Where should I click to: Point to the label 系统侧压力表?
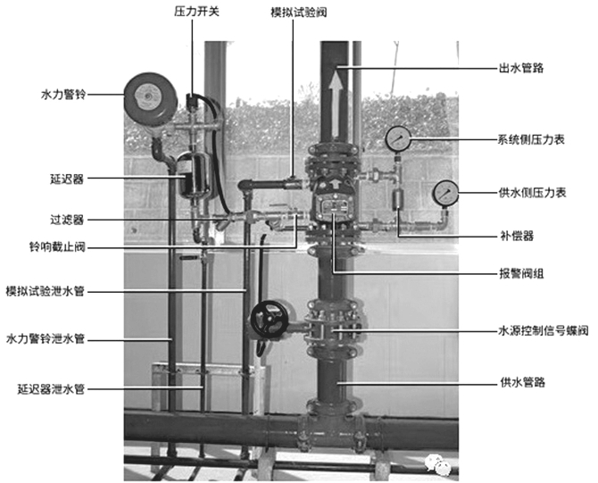[x=533, y=139]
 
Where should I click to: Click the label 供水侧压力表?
[x=533, y=192]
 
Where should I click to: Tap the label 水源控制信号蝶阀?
[x=543, y=330]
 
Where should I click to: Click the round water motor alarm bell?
[x=149, y=95]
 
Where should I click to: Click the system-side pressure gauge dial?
[x=398, y=138]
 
